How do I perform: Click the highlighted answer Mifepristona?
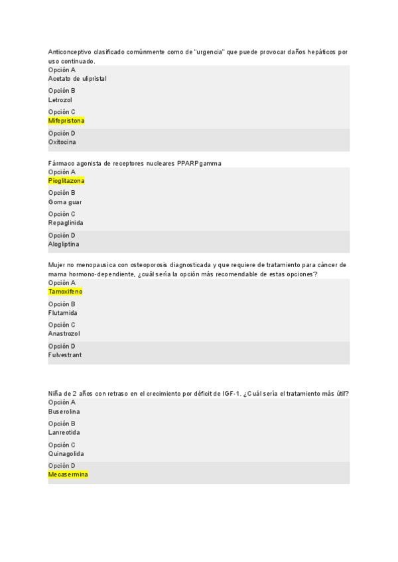(66, 121)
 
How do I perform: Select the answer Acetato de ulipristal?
(77, 79)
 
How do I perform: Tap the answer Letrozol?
(60, 100)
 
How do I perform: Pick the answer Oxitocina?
(62, 142)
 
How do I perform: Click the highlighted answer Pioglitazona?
(66, 181)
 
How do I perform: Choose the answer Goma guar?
(65, 202)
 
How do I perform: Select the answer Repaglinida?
(66, 223)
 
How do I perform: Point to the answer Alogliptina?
(64, 245)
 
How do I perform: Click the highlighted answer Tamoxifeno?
(65, 292)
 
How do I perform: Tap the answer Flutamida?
(62, 313)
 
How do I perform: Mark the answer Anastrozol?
(64, 334)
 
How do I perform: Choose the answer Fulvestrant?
(65, 355)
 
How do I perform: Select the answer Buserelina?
(64, 412)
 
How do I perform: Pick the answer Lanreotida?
(64, 433)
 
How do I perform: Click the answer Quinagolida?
(66, 454)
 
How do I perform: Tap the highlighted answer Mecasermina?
(68, 475)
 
